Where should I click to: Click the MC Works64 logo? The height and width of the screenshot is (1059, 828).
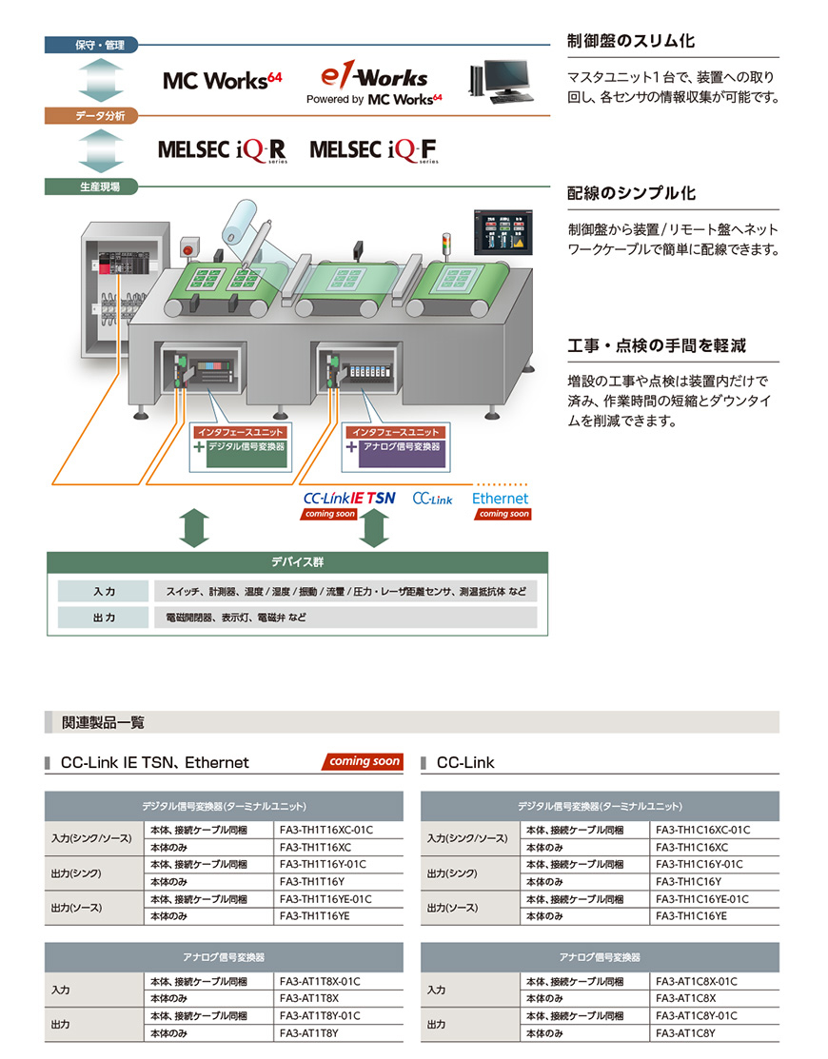(222, 81)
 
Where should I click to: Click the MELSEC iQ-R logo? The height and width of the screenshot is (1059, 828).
(222, 150)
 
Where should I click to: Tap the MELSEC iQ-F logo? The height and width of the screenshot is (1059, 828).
(374, 150)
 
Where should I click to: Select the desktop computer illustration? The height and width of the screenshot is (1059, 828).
(502, 81)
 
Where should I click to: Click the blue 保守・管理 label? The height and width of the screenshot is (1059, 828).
(91, 46)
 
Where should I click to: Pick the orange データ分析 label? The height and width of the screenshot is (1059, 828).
(91, 115)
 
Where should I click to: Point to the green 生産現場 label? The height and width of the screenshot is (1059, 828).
(91, 186)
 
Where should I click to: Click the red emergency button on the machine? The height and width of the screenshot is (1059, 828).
(189, 247)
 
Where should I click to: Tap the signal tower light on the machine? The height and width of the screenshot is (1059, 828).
(445, 246)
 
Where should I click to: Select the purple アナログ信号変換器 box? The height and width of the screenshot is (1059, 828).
(402, 453)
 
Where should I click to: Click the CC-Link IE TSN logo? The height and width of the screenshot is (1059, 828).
(349, 499)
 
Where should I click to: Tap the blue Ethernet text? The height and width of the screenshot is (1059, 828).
(500, 499)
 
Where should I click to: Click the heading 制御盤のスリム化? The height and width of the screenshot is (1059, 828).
(631, 41)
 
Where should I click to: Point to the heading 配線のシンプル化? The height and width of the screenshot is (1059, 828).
(631, 194)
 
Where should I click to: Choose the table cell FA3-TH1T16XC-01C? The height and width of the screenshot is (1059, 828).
(326, 830)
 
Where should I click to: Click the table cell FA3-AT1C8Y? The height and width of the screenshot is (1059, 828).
(685, 1033)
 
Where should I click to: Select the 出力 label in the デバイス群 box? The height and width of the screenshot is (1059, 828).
(104, 618)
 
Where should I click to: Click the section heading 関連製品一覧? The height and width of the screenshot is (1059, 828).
(103, 723)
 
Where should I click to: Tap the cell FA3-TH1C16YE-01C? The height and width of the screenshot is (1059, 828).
(702, 899)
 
